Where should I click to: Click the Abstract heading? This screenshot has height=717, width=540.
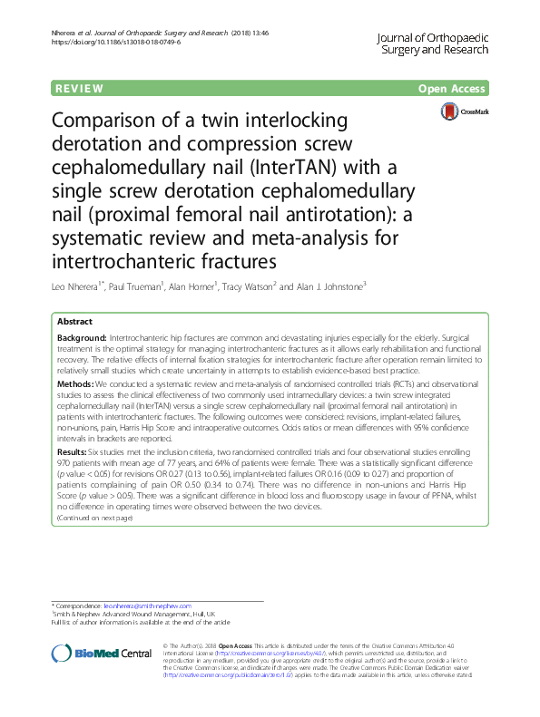point(74,322)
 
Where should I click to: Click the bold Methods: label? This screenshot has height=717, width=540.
point(76,386)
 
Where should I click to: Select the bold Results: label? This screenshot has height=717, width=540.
point(74,451)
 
